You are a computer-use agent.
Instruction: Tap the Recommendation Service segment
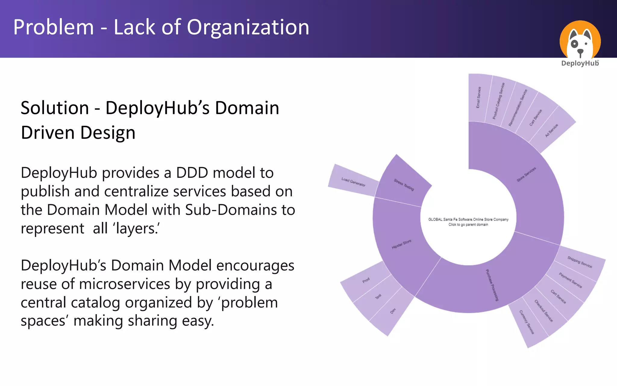click(518, 108)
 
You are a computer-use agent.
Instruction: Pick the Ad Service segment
click(552, 130)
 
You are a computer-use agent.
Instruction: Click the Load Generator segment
click(353, 182)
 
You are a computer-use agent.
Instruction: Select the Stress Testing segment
click(404, 185)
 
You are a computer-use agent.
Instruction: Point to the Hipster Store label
click(401, 244)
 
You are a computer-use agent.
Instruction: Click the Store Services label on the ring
click(526, 174)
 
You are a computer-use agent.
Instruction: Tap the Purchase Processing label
click(492, 285)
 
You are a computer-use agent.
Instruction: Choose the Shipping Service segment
click(580, 262)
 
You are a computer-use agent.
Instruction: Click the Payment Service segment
click(570, 280)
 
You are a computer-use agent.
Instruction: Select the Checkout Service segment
click(543, 311)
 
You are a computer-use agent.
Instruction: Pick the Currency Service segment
click(527, 322)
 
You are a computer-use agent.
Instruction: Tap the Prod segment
click(366, 280)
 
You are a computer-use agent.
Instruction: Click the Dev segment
click(393, 311)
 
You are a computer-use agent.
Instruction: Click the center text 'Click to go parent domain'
click(468, 225)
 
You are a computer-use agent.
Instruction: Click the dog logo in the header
click(580, 41)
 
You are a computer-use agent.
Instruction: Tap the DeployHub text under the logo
click(580, 63)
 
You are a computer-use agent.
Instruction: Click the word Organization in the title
click(248, 27)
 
